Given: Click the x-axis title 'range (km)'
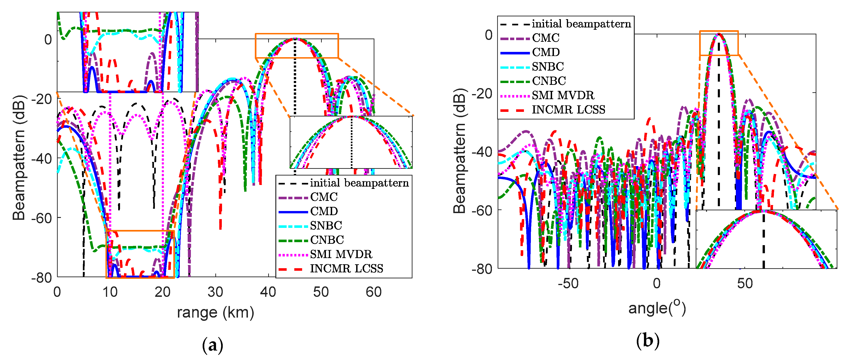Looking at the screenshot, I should (216, 312).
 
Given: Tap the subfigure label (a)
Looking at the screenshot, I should (213, 345).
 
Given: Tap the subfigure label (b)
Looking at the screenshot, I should (647, 341).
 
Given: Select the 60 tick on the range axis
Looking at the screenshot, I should (374, 292).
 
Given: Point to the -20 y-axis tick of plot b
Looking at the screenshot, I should (482, 94).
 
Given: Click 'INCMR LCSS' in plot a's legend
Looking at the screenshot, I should (346, 268).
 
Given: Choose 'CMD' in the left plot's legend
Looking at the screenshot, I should (324, 211).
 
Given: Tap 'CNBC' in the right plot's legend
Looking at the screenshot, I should (549, 81).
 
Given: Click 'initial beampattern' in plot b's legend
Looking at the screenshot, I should (581, 24).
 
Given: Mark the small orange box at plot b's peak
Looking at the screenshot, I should (719, 43).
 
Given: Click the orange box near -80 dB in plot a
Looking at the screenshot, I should (140, 254).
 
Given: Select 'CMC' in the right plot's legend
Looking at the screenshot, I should (545, 38).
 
